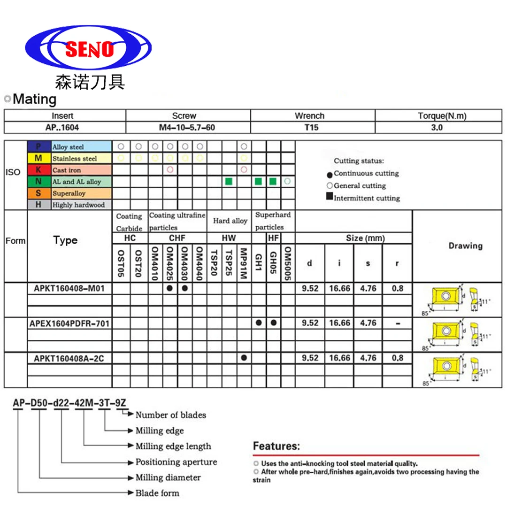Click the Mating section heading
34,99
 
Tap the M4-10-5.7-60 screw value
188,127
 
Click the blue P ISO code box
38,147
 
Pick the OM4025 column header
170,263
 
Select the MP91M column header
243,263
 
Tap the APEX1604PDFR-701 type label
70,323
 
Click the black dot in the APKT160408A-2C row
244,358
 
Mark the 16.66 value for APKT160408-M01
339,288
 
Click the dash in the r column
397,323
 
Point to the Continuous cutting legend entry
366,174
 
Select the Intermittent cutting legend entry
366,198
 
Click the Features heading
276,446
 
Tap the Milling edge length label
173,446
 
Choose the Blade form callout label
157,493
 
